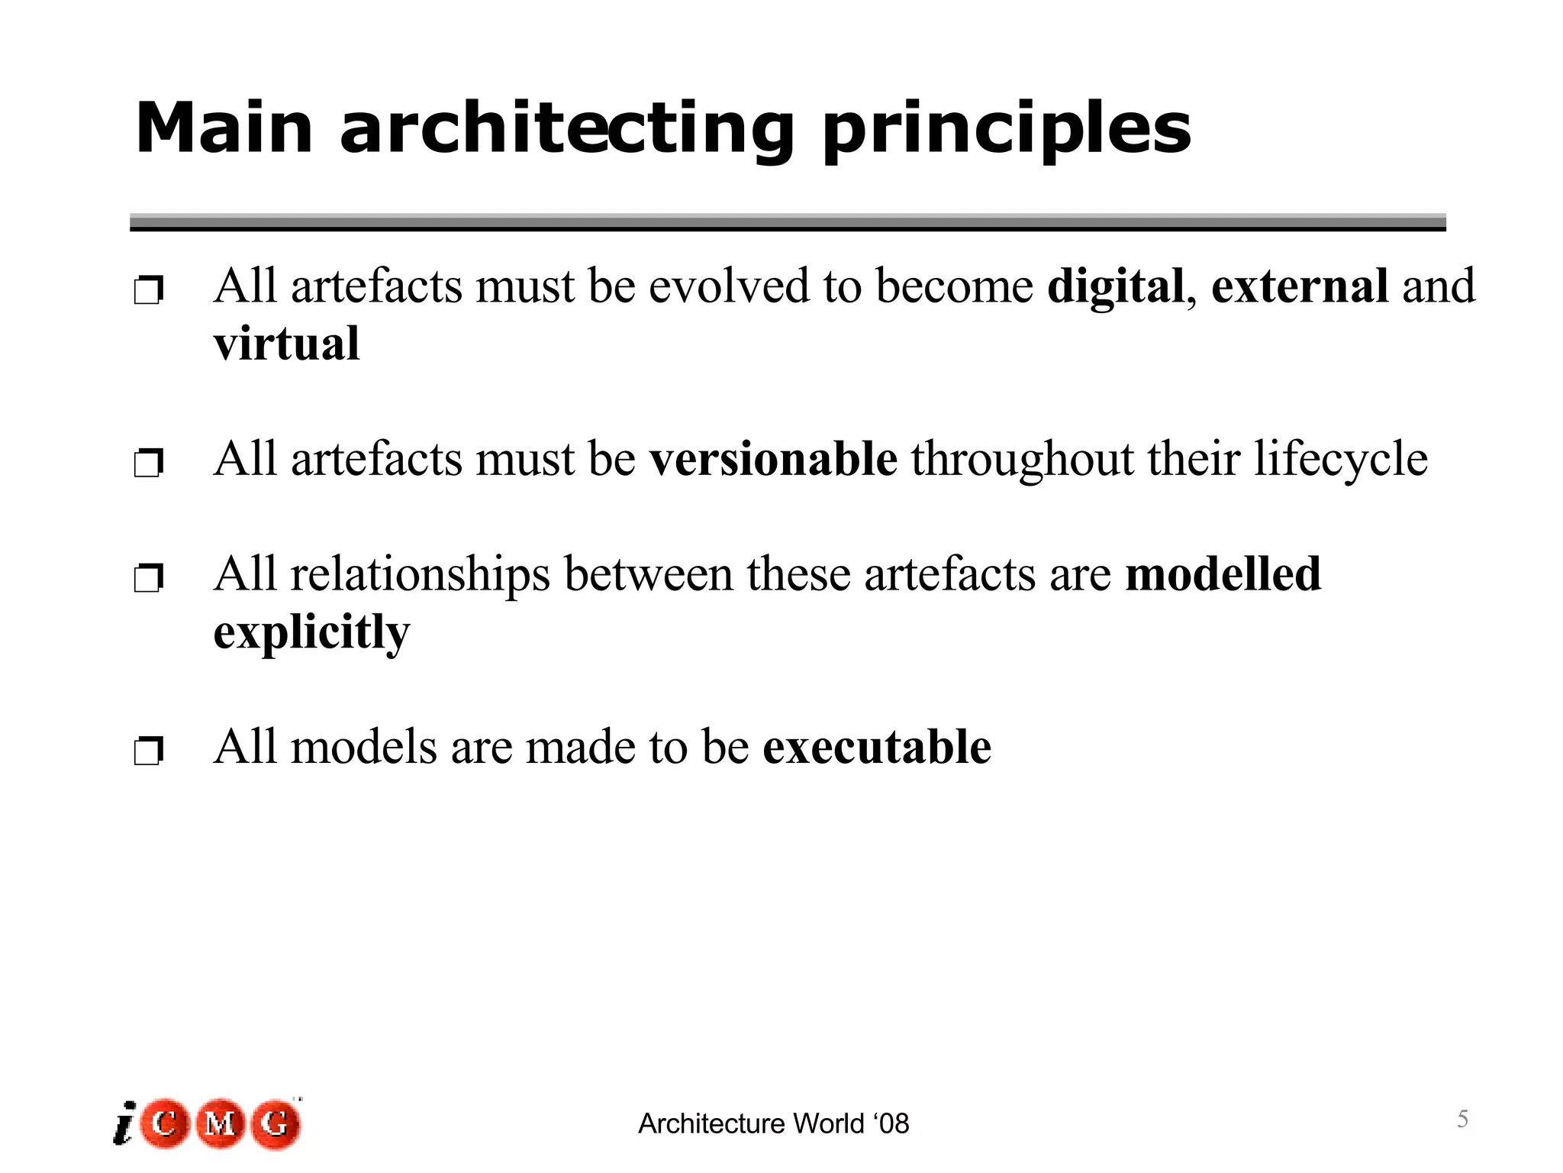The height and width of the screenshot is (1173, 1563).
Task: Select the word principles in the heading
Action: [1006, 130]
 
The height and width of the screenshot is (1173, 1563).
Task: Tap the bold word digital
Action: [1116, 286]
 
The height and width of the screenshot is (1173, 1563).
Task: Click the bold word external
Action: [1300, 286]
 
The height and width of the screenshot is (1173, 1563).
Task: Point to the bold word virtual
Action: [286, 344]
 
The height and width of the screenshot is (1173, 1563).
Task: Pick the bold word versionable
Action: [773, 459]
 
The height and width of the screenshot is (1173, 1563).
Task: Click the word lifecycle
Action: [1341, 460]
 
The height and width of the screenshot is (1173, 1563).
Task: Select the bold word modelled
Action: [1223, 574]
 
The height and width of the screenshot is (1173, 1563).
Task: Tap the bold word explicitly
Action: [311, 634]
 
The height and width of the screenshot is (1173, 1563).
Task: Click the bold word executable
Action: [877, 747]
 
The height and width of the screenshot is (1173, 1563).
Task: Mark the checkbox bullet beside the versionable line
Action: [148, 463]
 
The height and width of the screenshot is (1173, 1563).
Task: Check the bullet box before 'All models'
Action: [148, 751]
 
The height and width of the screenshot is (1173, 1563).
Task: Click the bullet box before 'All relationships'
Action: [148, 578]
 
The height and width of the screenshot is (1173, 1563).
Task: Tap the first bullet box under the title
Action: [148, 290]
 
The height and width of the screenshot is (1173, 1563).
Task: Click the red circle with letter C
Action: [165, 1123]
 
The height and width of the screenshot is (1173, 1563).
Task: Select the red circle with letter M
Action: [220, 1123]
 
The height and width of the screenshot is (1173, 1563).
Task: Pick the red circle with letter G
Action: [276, 1123]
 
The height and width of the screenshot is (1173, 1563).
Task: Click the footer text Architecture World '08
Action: [773, 1123]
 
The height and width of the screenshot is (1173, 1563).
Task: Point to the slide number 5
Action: [1462, 1119]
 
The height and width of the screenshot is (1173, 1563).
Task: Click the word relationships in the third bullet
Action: [420, 574]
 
